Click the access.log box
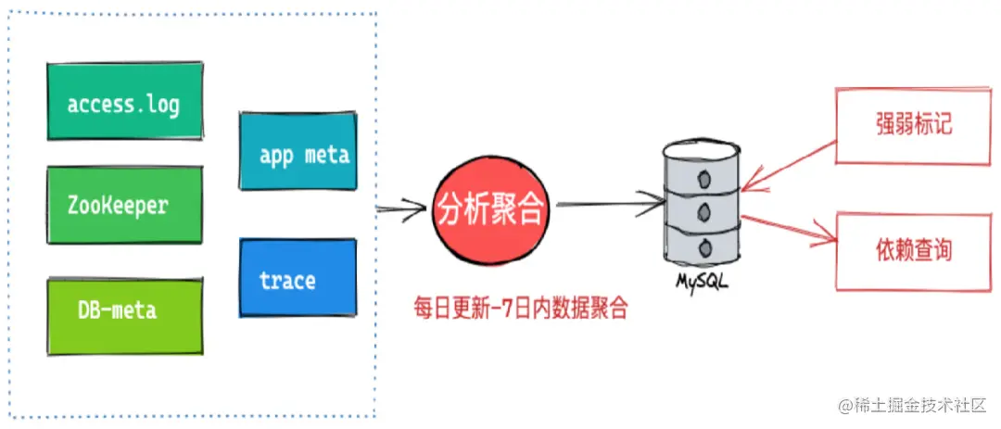tap(124, 102)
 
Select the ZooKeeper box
tap(124, 205)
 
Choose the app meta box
tap(298, 152)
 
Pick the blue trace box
tap(298, 278)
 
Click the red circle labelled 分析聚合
tap(491, 211)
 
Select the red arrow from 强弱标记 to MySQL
tap(788, 167)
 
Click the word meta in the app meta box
tap(325, 154)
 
